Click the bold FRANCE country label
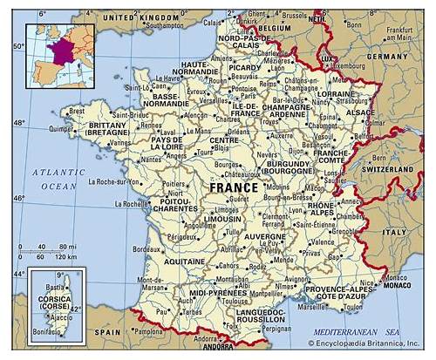point(234,187)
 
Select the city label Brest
point(78,112)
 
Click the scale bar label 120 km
point(64,258)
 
